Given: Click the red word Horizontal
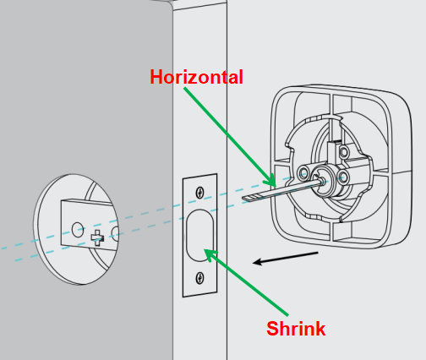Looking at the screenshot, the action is pos(196,77).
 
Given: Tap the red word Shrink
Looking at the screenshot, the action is pos(296,329).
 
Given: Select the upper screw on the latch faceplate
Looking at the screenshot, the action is pos(199,193).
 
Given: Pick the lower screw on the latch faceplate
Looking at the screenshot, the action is pos(199,278).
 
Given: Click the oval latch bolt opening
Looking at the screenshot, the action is pos(199,236).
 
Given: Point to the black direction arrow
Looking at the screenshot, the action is pos(286,258).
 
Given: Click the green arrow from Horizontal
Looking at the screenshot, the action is pos(230,137).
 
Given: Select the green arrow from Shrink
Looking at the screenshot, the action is pos(246,282).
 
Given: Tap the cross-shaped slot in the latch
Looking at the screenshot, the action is pos(97,237).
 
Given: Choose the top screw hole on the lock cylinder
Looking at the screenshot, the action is pos(344,152).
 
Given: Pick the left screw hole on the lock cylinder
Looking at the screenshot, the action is pos(303,172).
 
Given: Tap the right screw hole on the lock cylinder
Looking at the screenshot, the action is pos(342,177).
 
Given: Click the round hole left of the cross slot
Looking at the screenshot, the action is pos(78,229).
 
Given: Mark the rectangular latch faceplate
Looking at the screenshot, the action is pos(199,236).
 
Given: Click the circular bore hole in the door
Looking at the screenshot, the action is pos(76,229).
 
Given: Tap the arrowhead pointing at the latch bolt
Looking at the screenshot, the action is pos(205,249).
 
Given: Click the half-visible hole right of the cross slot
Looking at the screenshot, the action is pos(115,235).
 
